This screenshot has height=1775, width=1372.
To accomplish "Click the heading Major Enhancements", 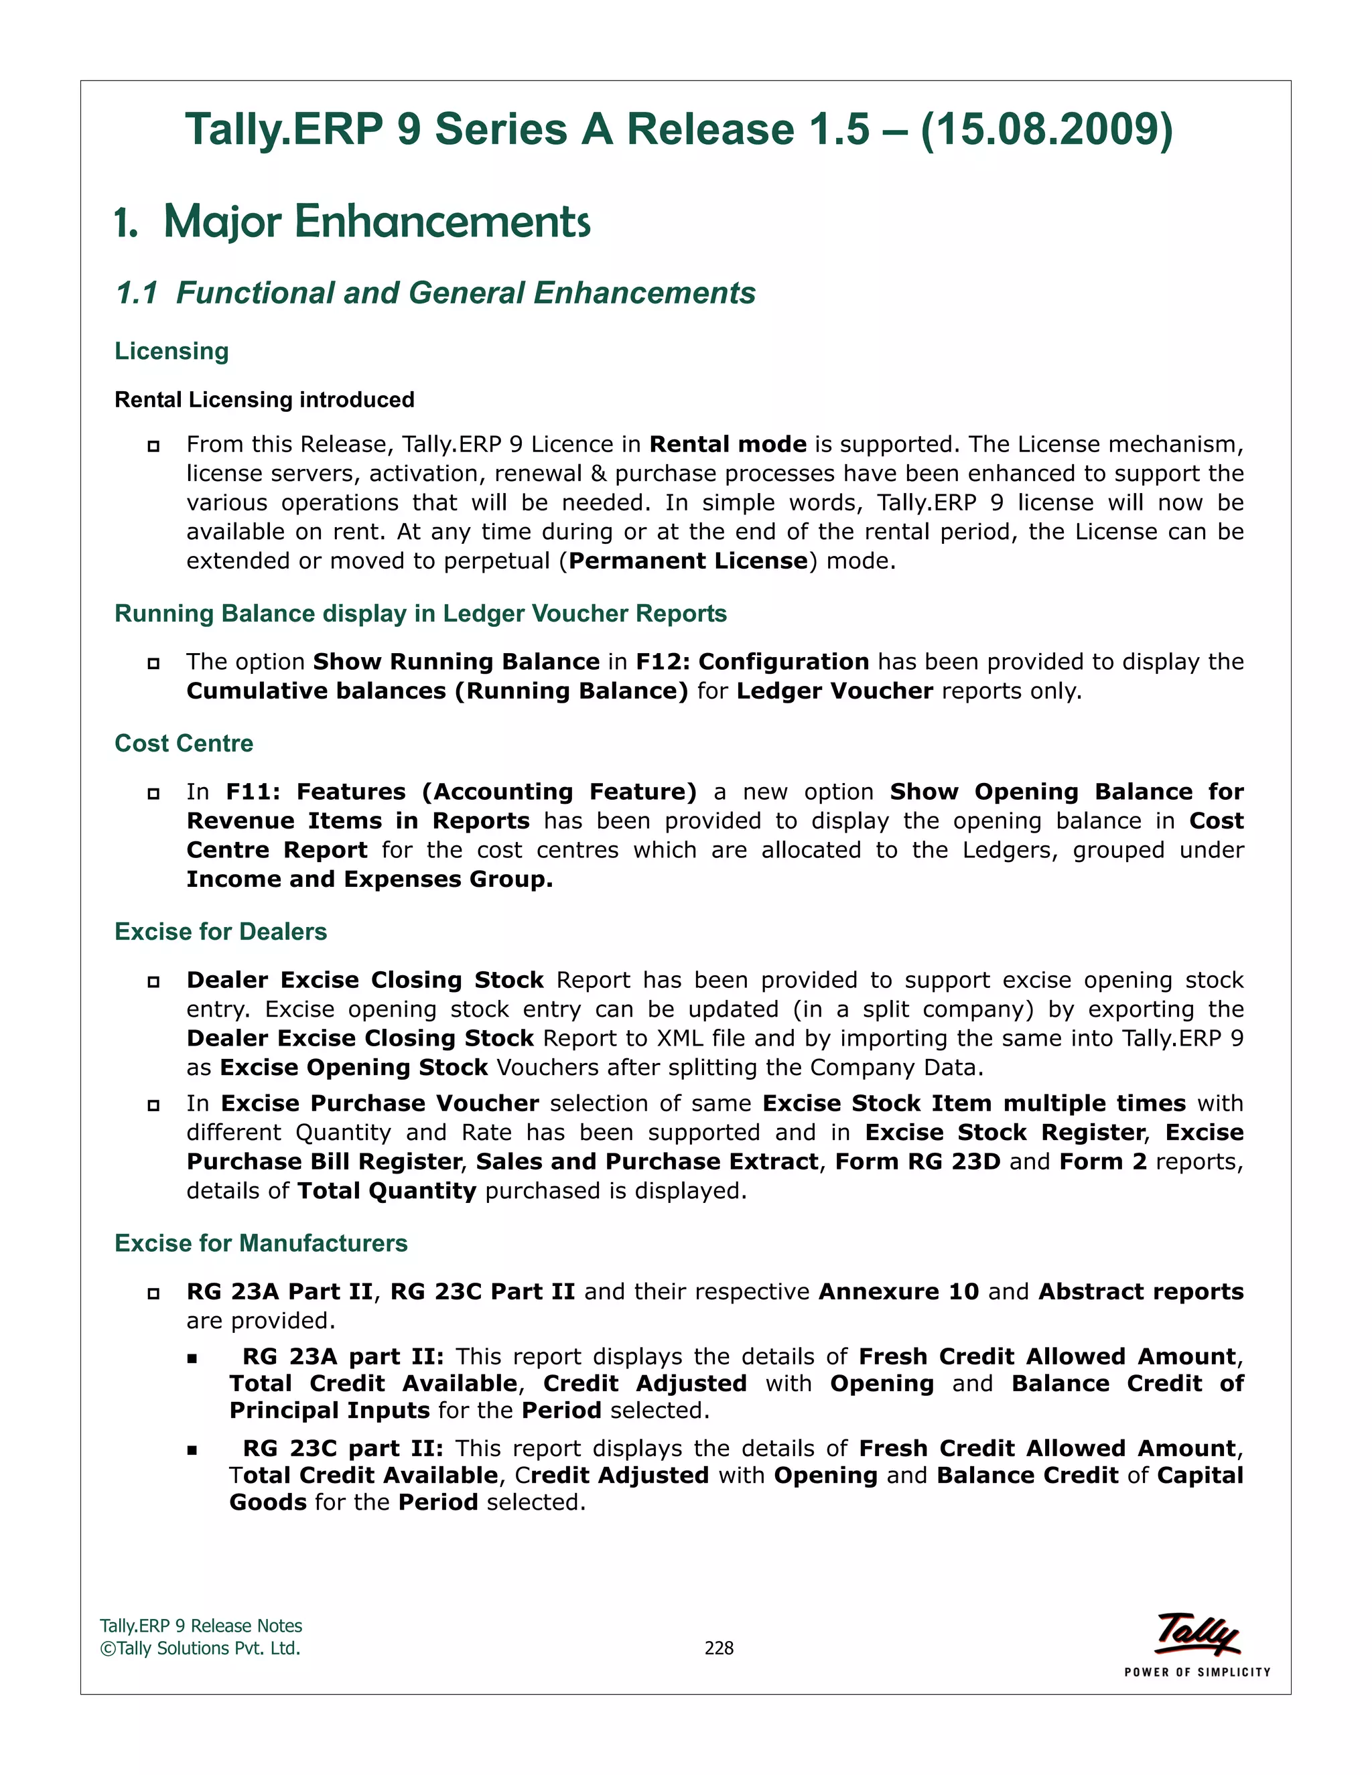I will pyautogui.click(x=376, y=222).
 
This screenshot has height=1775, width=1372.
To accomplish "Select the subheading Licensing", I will pyautogui.click(x=171, y=351).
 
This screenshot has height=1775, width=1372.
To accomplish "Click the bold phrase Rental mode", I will pyautogui.click(x=728, y=445).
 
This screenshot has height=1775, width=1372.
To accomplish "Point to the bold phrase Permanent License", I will pyautogui.click(x=687, y=561).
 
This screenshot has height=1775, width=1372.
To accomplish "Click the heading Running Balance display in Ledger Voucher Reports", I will pyautogui.click(x=420, y=614).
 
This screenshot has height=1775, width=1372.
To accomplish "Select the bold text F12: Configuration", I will pyautogui.click(x=752, y=662).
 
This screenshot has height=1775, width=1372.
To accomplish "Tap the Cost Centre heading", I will pyautogui.click(x=184, y=743).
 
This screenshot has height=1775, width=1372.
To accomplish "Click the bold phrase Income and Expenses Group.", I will pyautogui.click(x=369, y=879).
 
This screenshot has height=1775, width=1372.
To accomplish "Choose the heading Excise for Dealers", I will pyautogui.click(x=220, y=932).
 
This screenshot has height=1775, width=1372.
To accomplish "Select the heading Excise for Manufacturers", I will pyautogui.click(x=261, y=1243).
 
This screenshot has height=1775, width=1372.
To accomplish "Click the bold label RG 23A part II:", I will pyautogui.click(x=343, y=1356).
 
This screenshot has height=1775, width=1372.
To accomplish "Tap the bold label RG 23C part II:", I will pyautogui.click(x=343, y=1448).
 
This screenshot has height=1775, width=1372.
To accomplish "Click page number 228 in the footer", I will pyautogui.click(x=719, y=1648).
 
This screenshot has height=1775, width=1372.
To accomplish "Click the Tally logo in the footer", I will pyautogui.click(x=1196, y=1635).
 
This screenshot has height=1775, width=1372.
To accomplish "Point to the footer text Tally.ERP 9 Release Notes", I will pyautogui.click(x=201, y=1626).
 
